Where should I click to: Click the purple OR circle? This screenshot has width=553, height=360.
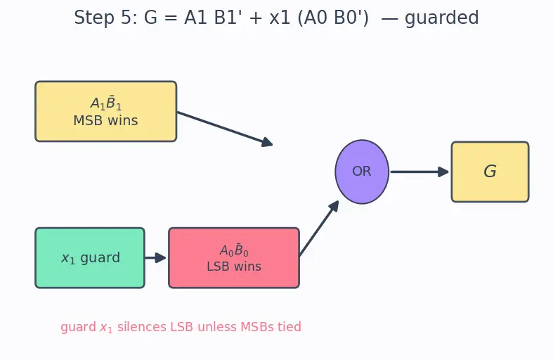(x=362, y=172)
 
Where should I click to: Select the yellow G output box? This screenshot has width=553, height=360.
(x=490, y=172)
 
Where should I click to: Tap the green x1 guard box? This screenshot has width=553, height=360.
(x=90, y=257)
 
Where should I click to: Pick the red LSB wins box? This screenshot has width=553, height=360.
(x=234, y=257)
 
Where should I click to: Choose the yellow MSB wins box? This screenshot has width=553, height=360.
(x=106, y=111)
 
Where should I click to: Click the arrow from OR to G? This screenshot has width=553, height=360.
(x=419, y=172)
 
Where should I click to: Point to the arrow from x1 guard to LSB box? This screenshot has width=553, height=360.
(x=155, y=257)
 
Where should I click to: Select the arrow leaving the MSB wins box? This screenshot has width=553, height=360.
(x=225, y=128)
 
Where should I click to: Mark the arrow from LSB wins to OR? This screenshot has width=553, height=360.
(x=319, y=229)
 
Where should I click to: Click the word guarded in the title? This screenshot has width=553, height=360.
(x=441, y=18)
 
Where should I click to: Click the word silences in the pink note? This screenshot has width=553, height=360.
(x=142, y=326)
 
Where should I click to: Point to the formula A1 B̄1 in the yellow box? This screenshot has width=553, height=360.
(x=106, y=103)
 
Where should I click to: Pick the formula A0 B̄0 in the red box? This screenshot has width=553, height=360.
(x=234, y=250)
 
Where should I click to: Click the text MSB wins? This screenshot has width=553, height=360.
(x=106, y=120)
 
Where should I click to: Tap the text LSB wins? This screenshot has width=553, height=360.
(x=234, y=266)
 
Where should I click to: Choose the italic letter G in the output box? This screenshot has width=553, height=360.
(x=490, y=171)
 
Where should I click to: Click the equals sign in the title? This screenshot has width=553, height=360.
(x=171, y=18)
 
